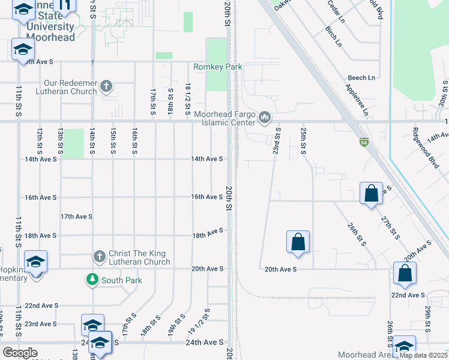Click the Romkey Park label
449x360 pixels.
217,67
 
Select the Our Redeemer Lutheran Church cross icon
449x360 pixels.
106,86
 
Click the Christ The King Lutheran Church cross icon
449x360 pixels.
100,257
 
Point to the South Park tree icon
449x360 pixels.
92,279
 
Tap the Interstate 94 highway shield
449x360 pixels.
364,142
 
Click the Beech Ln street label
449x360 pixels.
361,78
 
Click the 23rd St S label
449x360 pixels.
277,140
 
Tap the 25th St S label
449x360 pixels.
303,140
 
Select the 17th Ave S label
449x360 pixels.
75,217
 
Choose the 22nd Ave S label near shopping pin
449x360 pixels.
406,295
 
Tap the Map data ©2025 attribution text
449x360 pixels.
423,355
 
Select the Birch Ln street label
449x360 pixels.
333,37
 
